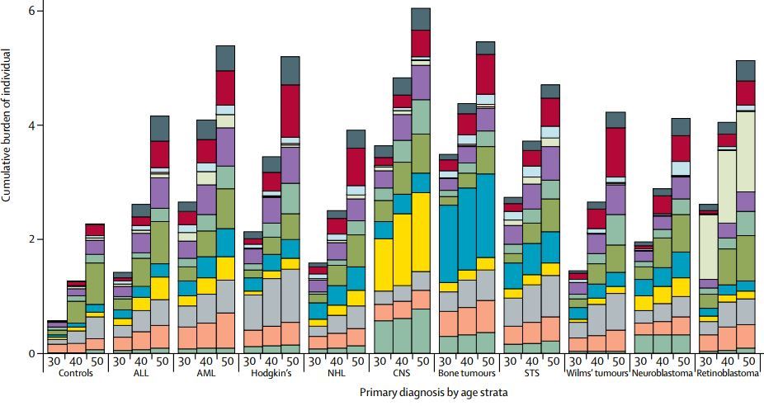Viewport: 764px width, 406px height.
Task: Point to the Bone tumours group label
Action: point(465,373)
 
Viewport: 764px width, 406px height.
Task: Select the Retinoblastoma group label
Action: point(727,373)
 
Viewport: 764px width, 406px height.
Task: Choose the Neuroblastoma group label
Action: point(661,373)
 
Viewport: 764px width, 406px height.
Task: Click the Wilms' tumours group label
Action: point(597,373)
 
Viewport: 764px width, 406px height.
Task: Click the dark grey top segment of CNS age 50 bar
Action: point(421,19)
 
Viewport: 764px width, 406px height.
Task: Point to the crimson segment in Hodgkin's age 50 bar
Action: point(290,111)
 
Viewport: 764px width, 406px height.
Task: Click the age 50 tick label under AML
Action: point(225,361)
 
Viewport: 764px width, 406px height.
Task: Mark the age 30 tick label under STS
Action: point(512,361)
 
